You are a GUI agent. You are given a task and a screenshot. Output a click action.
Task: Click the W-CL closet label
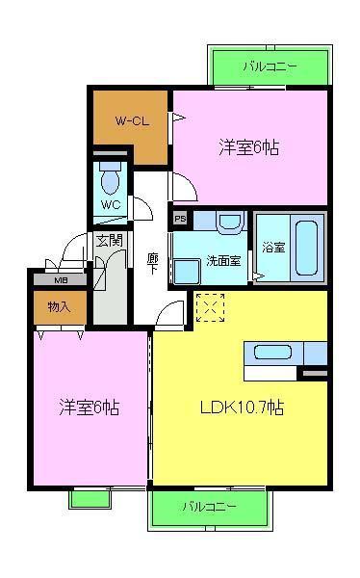(131, 121)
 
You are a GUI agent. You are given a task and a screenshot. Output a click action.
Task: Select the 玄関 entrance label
(109, 240)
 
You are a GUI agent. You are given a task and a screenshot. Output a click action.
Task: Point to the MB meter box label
(60, 280)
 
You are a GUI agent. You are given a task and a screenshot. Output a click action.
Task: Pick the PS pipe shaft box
(180, 219)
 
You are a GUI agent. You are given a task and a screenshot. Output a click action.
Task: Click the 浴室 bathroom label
(272, 247)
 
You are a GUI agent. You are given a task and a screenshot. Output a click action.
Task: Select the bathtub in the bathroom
(306, 247)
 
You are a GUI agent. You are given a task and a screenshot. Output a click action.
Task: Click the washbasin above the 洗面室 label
(230, 223)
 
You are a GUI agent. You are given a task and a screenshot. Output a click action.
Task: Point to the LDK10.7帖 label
(241, 406)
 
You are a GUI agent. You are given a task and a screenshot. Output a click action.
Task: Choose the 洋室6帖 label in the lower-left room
(89, 407)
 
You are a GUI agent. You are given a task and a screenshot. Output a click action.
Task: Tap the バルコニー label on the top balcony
(270, 67)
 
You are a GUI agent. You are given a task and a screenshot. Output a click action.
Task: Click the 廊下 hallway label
(152, 263)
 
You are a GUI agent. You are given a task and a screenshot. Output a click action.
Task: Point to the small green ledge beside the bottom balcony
(90, 498)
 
